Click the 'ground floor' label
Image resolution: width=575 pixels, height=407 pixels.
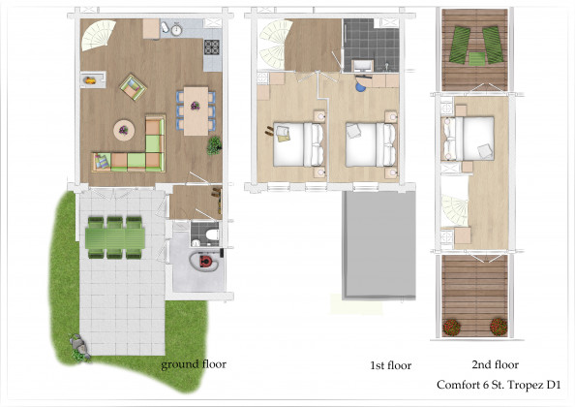(194, 364)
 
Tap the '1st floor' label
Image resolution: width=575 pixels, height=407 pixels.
(390, 365)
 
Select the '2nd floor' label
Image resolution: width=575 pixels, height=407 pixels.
(495, 364)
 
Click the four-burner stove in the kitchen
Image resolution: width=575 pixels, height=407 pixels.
(212, 47)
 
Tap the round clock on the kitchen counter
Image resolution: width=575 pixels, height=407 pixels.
(177, 29)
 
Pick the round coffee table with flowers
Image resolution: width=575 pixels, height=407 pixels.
(124, 130)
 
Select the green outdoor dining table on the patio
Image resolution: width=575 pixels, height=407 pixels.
(115, 237)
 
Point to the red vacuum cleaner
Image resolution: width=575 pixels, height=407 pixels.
(205, 262)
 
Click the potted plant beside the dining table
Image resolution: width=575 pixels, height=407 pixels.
(214, 145)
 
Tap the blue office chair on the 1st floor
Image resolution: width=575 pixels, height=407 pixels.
(361, 86)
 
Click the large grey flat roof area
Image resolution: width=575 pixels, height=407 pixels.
(378, 245)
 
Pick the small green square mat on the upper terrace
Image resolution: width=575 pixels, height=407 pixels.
(476, 59)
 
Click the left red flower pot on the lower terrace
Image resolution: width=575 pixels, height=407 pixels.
(451, 327)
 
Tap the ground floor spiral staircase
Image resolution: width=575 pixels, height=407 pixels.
(98, 35)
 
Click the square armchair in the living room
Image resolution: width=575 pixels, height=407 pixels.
(133, 87)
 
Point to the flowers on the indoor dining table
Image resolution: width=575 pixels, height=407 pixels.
(196, 106)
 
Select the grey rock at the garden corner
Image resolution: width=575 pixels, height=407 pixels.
(78, 344)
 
